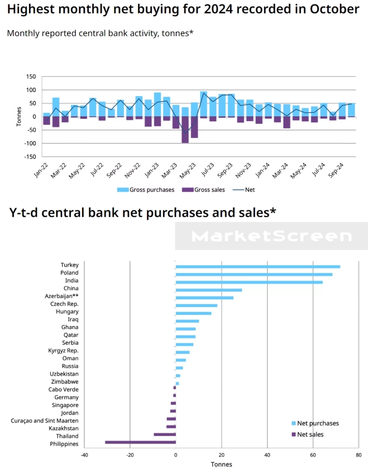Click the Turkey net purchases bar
pos(257,266)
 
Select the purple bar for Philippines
pos(140,442)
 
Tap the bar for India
pos(249,282)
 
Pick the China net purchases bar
pos(209,290)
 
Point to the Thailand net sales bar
pos(165,434)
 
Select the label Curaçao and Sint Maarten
pos(45,421)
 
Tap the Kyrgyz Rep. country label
pos(63,350)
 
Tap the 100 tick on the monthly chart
pos(32,90)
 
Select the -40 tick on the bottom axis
pos(84,455)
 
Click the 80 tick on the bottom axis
pos(358,455)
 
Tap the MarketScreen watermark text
pos(271,236)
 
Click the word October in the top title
pos(330,9)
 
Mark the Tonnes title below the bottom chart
pos(221,464)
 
